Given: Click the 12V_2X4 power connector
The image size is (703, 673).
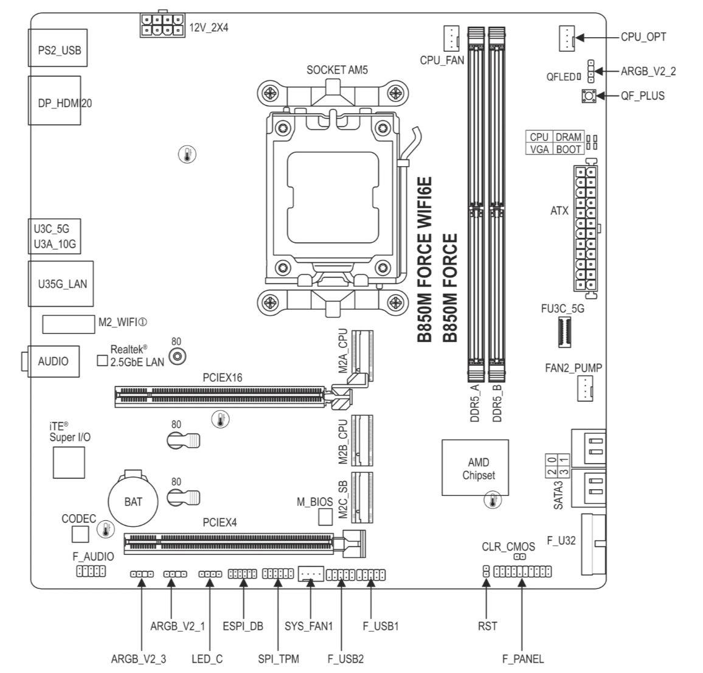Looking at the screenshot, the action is tap(162, 25).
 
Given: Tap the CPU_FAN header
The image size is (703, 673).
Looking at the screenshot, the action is tap(451, 38).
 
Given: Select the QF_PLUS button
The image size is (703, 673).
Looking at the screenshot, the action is tap(589, 96).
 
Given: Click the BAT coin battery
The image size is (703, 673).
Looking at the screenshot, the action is tap(133, 500).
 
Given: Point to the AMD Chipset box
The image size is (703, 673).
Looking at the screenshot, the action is tap(475, 467).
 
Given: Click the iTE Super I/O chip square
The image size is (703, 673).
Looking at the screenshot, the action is tap(69, 462).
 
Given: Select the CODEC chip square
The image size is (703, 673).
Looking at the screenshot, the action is tap(80, 534).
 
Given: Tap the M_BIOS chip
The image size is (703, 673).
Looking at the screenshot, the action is tap(325, 517).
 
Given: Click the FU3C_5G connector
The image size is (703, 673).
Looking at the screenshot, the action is tap(564, 332).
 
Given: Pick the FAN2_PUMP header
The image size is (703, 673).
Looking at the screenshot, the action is tap(585, 389).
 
